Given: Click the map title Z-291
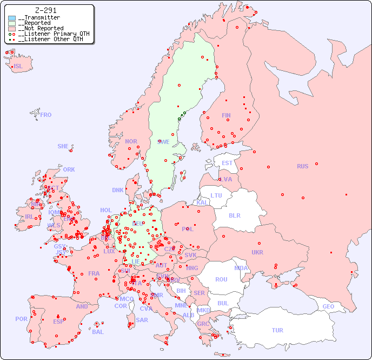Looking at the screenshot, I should (x=46, y=10).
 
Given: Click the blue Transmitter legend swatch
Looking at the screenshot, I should (x=12, y=18).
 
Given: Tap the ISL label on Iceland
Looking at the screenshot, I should (x=18, y=67).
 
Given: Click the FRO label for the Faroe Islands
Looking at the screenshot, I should (x=46, y=115).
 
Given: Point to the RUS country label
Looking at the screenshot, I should (x=302, y=166).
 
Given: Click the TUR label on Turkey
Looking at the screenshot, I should (x=277, y=330).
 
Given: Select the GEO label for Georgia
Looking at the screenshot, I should (x=328, y=306).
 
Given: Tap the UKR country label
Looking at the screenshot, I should (x=257, y=252).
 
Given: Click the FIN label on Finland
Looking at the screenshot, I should (x=226, y=115).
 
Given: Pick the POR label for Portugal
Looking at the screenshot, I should (x=21, y=319).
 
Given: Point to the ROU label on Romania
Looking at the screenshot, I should (x=221, y=279).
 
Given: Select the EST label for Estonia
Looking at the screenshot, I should (x=227, y=163).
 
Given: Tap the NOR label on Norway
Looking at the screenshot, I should (x=131, y=141).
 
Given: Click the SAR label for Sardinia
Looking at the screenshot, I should (x=142, y=320).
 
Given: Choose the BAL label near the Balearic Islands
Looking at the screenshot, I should (x=98, y=332).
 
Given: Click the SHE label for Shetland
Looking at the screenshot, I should (x=63, y=146).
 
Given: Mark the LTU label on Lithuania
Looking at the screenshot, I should (x=216, y=195).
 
